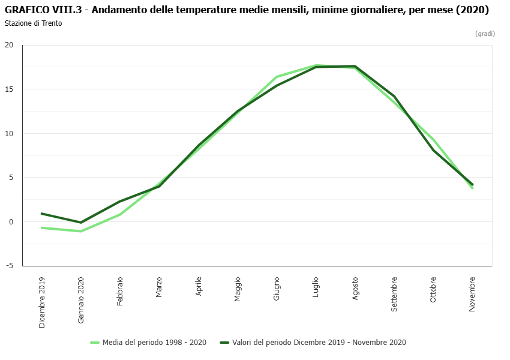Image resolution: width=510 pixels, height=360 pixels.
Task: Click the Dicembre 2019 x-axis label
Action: click(42, 302)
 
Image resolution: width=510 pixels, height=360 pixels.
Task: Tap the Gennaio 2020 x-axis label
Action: click(81, 301)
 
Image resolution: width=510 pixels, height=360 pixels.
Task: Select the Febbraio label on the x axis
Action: click(120, 292)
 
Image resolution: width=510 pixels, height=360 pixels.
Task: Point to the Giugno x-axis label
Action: click(277, 289)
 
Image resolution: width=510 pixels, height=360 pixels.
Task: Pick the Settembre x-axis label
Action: click(394, 294)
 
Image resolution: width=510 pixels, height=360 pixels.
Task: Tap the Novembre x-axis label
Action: click(472, 294)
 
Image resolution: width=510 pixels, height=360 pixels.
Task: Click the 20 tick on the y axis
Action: click(9, 45)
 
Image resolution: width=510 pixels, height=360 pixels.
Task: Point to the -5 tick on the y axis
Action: click(9, 266)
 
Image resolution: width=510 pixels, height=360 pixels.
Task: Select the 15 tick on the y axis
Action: click(9, 89)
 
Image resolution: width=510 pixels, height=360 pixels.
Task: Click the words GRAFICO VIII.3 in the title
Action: click(43, 10)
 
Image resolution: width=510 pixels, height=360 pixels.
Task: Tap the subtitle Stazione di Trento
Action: click(33, 23)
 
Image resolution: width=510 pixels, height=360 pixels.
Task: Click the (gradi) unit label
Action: click(485, 34)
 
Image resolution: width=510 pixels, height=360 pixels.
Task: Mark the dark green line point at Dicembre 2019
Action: click(42, 214)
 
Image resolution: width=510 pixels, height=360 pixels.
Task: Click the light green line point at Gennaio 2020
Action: click(81, 231)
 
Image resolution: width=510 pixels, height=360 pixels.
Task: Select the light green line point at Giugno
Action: click(277, 77)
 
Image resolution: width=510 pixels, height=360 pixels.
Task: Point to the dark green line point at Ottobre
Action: click(433, 150)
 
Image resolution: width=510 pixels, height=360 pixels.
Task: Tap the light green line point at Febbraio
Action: click(120, 214)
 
